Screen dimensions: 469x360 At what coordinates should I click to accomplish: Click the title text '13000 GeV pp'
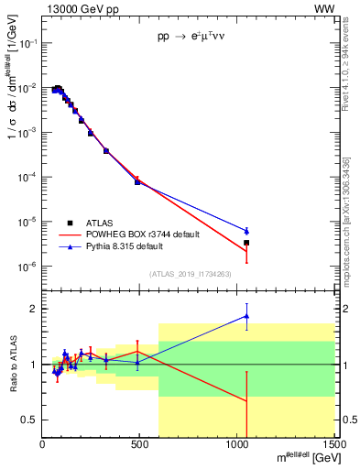76,8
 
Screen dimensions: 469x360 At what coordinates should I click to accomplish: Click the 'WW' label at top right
324,8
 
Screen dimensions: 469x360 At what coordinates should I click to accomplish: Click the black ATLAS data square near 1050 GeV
246,243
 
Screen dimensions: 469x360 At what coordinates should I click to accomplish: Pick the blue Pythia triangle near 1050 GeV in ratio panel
246,316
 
